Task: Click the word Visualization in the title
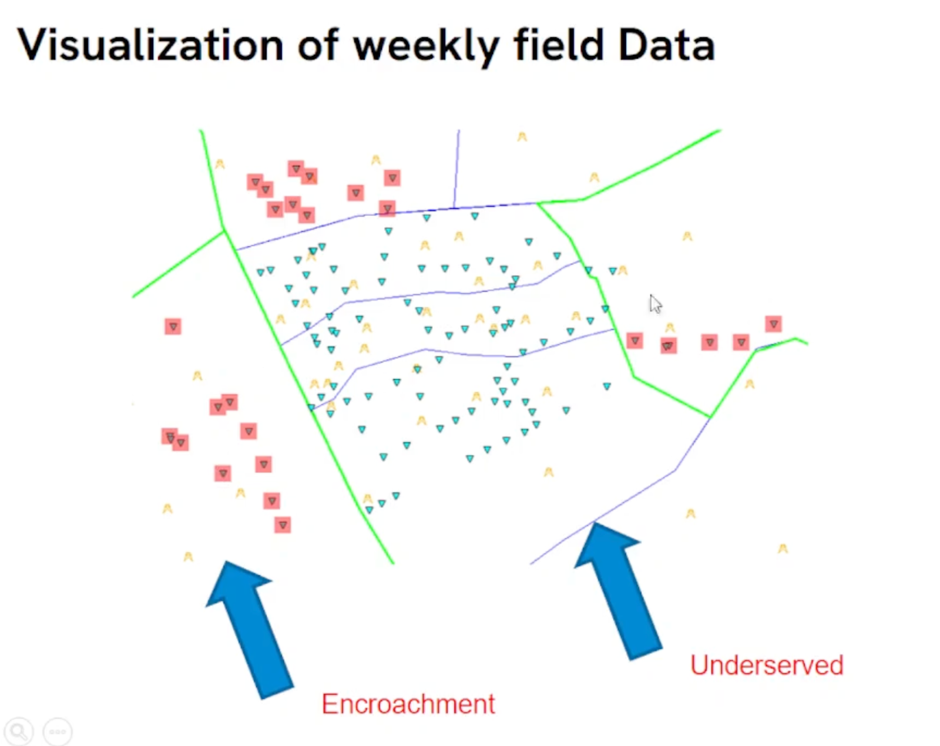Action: click(x=150, y=45)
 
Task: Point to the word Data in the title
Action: click(x=667, y=45)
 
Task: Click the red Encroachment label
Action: click(x=408, y=704)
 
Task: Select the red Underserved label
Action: click(x=767, y=665)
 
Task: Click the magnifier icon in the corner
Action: click(x=18, y=732)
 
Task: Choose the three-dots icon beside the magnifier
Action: click(x=58, y=732)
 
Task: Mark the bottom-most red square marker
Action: click(x=283, y=525)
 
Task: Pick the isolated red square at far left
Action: click(x=173, y=326)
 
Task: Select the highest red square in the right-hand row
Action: click(x=773, y=324)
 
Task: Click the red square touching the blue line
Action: click(x=387, y=209)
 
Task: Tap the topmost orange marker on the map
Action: click(x=522, y=137)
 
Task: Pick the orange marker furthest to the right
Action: click(x=783, y=549)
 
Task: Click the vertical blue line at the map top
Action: click(x=456, y=167)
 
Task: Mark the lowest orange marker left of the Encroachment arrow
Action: click(x=188, y=556)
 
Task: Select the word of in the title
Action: click(x=318, y=45)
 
